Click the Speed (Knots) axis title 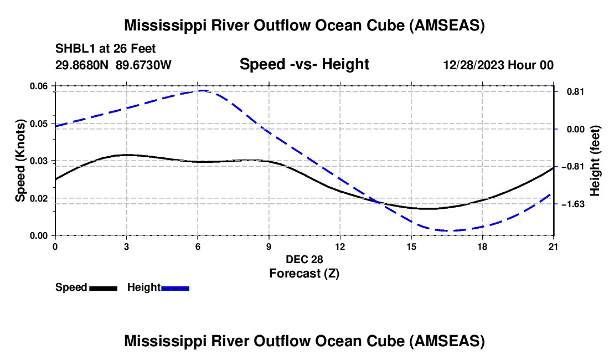click(20, 161)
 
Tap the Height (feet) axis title click(595, 161)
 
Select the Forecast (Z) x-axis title click(304, 274)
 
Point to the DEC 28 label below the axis click(304, 259)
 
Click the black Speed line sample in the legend click(104, 288)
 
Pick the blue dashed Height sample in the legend click(175, 288)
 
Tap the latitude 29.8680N click(81, 65)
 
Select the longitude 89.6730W click(143, 65)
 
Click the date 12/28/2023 click(473, 65)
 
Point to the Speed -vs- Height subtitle click(304, 64)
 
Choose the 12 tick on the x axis click(340, 246)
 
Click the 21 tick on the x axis click(553, 246)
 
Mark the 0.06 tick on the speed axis click(39, 86)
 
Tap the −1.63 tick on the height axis click(573, 204)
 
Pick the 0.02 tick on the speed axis click(39, 198)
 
